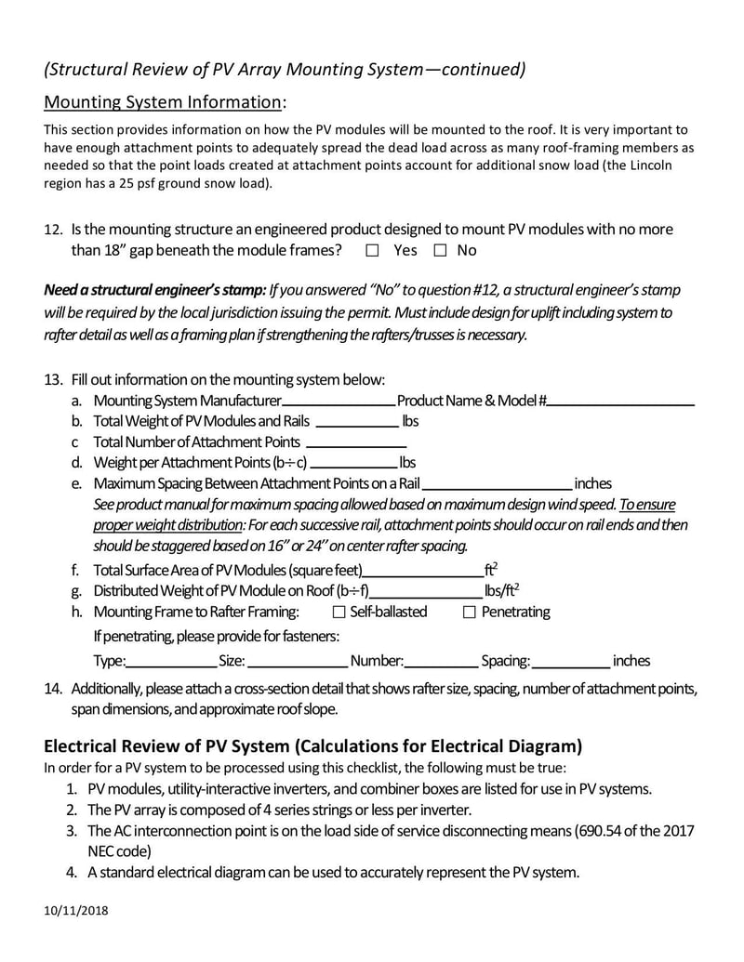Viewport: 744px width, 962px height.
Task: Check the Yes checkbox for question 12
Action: coord(373,250)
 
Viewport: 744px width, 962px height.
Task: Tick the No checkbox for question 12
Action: coord(440,250)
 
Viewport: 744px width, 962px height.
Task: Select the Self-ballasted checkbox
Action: coord(339,612)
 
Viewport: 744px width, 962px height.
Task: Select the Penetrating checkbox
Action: coord(469,612)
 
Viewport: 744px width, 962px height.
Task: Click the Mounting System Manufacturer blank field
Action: coord(339,402)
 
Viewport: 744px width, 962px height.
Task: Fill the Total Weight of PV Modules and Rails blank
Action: coord(357,423)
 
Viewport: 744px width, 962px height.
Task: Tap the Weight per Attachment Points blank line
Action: coord(354,464)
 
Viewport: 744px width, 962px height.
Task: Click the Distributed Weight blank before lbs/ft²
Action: coord(426,592)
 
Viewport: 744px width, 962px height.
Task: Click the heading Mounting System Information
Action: coord(164,101)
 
